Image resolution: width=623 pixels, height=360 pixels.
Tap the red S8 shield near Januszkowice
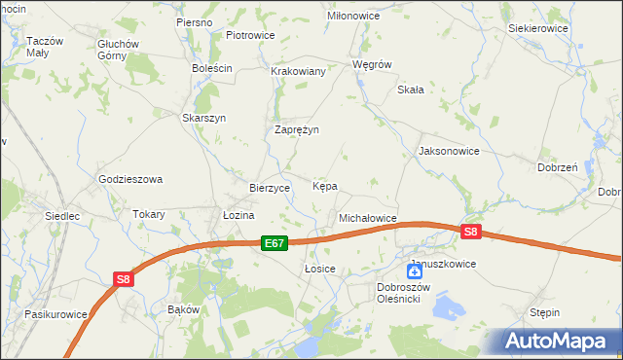pos(471,232)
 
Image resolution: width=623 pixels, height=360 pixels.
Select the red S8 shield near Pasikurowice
pos(123,279)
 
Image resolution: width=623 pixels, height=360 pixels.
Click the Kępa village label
pos(325,186)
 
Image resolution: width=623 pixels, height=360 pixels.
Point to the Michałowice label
pos(367,219)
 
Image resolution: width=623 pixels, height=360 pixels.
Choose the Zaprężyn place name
pos(297,129)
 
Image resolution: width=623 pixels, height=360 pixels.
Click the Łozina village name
pos(238,215)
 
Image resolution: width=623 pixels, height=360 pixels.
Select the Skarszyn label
pos(204,118)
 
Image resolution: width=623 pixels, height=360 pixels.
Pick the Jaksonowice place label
pos(449,152)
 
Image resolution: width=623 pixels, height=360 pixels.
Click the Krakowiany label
pos(298,72)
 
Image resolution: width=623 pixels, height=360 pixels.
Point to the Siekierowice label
pos(538,29)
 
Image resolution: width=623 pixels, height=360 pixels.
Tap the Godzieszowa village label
pos(130,180)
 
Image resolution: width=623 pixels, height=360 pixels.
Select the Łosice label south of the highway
pos(320,269)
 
